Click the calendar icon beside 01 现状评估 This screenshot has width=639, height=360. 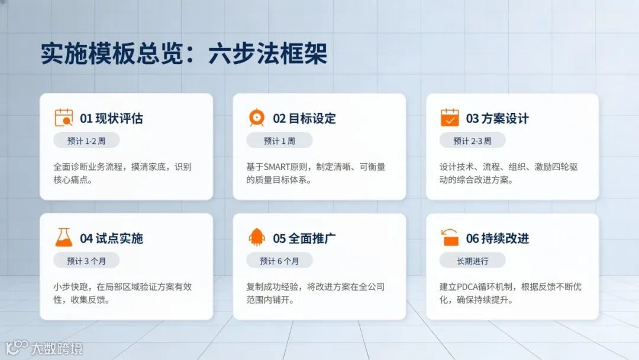coord(63,118)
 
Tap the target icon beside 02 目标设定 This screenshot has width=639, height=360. coord(257,118)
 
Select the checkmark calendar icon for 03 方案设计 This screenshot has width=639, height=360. coord(450,118)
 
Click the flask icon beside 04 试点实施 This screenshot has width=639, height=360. coord(63,238)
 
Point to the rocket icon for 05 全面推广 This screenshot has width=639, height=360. coord(257,238)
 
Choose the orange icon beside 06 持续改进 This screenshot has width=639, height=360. coord(450,238)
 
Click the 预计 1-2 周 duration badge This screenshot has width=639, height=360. coord(86,140)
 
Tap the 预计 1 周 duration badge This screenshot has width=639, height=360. coord(279,140)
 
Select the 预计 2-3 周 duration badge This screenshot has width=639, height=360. coord(472,140)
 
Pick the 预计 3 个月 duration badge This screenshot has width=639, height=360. coord(86,261)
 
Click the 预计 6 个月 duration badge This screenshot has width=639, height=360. coord(279,261)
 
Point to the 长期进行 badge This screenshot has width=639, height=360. coord(472,261)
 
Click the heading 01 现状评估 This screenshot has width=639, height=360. coord(111,118)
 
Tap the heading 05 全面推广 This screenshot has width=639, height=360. coord(304,239)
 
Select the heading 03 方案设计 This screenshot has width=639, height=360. coord(497,118)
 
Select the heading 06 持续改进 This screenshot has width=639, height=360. coord(497,239)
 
